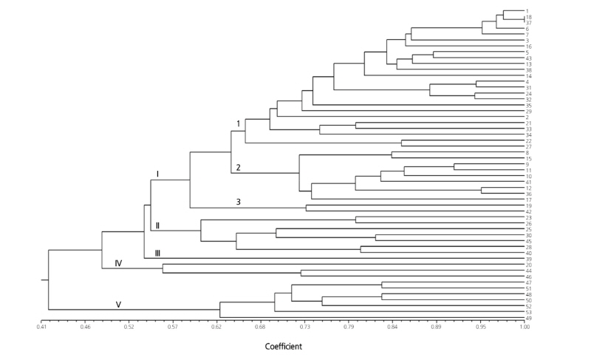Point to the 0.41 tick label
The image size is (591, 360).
click(x=41, y=326)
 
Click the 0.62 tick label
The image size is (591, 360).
click(x=216, y=326)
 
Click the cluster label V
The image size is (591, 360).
click(x=117, y=304)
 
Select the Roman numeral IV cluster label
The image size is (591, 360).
click(x=118, y=263)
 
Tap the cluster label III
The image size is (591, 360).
click(x=157, y=253)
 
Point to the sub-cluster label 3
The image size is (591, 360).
click(x=239, y=202)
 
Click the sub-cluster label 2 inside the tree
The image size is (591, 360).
click(x=238, y=167)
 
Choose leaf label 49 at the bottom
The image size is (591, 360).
click(x=529, y=318)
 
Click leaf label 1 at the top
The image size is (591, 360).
click(x=527, y=11)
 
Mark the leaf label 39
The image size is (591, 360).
click(x=529, y=259)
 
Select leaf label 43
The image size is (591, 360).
click(x=529, y=58)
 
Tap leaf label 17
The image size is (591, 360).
click(x=529, y=200)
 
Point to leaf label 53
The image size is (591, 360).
click(x=529, y=312)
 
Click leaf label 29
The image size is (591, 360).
click(x=529, y=112)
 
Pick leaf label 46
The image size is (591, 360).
click(x=529, y=276)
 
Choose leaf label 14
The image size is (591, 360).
click(x=529, y=76)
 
